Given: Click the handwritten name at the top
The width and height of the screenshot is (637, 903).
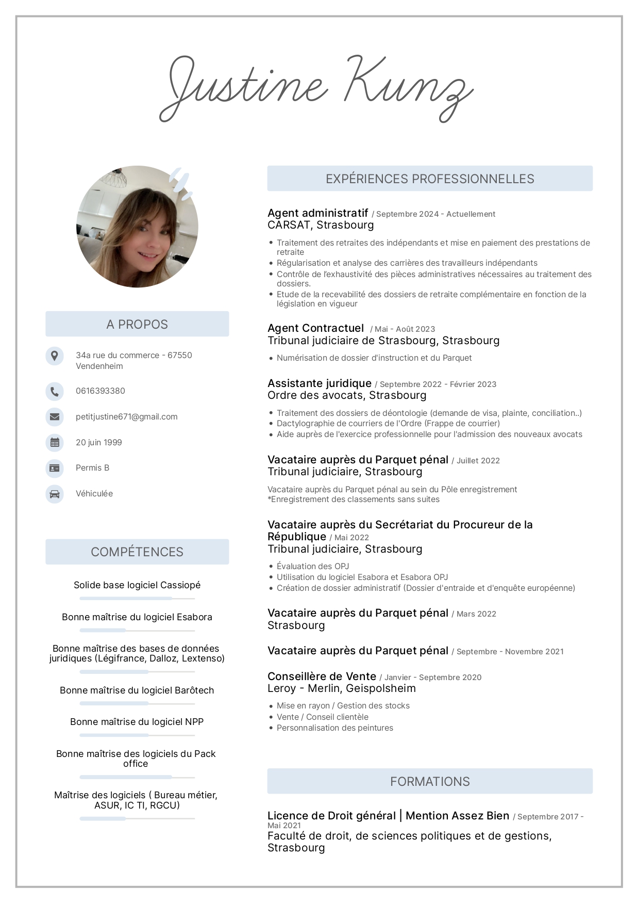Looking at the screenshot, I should pos(316,88).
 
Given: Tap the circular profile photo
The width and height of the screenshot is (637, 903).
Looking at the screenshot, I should pos(137,227).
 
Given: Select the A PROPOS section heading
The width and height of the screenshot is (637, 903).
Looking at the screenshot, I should pos(137,324).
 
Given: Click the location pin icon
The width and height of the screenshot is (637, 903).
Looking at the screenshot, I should pos(55,356).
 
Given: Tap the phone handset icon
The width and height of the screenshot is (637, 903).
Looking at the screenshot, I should pos(55,391).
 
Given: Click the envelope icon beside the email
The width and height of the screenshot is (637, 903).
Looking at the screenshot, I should pos(55,417).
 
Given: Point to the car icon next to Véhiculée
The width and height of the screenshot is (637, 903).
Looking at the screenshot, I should pos(55,494).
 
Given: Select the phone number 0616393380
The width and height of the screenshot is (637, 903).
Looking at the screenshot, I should pos(100,391).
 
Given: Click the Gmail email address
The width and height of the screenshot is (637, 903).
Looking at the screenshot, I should pos(126,417).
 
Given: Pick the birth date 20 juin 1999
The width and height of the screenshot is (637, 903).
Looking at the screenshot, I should pos(99,443).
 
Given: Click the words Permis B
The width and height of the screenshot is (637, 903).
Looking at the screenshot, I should pos(92,468).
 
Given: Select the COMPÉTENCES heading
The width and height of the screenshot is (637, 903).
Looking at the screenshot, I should pos(137,552).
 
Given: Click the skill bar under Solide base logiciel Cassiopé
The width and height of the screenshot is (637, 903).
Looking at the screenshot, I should pos(137,599).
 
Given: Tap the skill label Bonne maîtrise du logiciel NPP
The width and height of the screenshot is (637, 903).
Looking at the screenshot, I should pos(137,722).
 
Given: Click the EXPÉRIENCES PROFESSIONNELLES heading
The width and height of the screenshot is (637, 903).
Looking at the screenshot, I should pos(430,179).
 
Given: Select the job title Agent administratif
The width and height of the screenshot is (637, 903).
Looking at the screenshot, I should pos(318,213).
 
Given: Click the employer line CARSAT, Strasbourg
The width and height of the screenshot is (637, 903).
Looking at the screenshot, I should pos(321,225).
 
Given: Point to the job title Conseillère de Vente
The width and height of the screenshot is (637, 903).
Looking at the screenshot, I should pos(322,676).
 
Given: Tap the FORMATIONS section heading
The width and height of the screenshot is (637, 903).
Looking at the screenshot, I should pos(430,782).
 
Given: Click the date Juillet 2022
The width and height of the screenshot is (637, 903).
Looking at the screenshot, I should pos(478,461).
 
